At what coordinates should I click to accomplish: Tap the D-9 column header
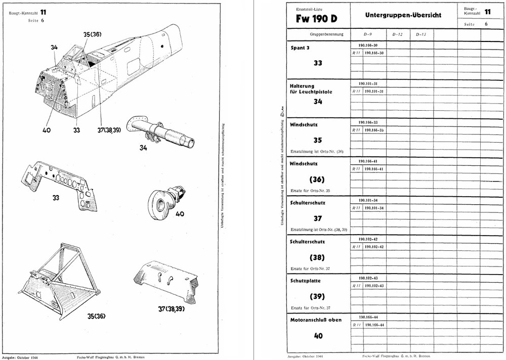(x=368, y=34)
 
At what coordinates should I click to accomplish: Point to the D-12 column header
(x=397, y=34)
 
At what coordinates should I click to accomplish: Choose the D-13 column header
(x=421, y=34)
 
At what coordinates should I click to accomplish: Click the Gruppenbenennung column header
(x=327, y=34)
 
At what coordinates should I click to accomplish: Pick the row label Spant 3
(x=301, y=49)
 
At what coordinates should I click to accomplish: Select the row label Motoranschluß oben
(x=316, y=320)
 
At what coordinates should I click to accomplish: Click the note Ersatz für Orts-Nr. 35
(x=310, y=191)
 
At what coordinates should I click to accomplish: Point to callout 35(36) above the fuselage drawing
(x=92, y=34)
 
